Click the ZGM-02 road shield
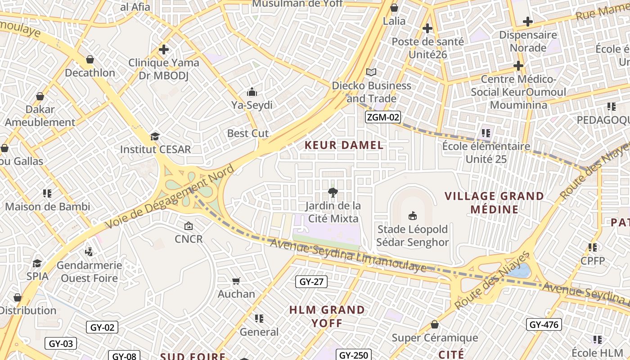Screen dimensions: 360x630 pyautogui.click(x=382, y=117)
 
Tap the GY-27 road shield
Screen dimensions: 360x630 pyautogui.click(x=311, y=282)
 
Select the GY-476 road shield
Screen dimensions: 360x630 pyautogui.click(x=544, y=324)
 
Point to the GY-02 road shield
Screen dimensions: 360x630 pyautogui.click(x=102, y=327)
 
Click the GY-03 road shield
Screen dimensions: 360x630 pyautogui.click(x=61, y=344)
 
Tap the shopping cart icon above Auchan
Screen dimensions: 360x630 pyautogui.click(x=236, y=281)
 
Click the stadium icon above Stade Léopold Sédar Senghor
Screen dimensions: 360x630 pyautogui.click(x=412, y=216)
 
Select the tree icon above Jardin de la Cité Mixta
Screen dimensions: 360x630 pyautogui.click(x=333, y=193)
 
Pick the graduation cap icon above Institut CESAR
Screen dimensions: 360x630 pyautogui.click(x=155, y=136)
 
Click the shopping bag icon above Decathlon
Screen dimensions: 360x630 pyautogui.click(x=90, y=59)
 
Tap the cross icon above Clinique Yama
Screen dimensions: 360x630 pyautogui.click(x=164, y=49)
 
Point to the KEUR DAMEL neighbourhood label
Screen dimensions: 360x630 pyautogui.click(x=344, y=145)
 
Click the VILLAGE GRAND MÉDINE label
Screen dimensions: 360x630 pyautogui.click(x=494, y=202)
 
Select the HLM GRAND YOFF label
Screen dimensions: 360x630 pyautogui.click(x=327, y=316)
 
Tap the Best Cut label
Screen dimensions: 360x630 pyautogui.click(x=247, y=133)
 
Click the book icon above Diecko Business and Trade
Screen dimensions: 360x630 pyautogui.click(x=371, y=72)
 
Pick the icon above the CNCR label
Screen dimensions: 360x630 pyautogui.click(x=189, y=226)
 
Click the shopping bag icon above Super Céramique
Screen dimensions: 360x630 pyautogui.click(x=435, y=324)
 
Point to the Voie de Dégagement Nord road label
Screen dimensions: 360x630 pyautogui.click(x=170, y=198)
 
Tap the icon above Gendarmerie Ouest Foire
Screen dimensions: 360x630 pyautogui.click(x=89, y=252)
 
